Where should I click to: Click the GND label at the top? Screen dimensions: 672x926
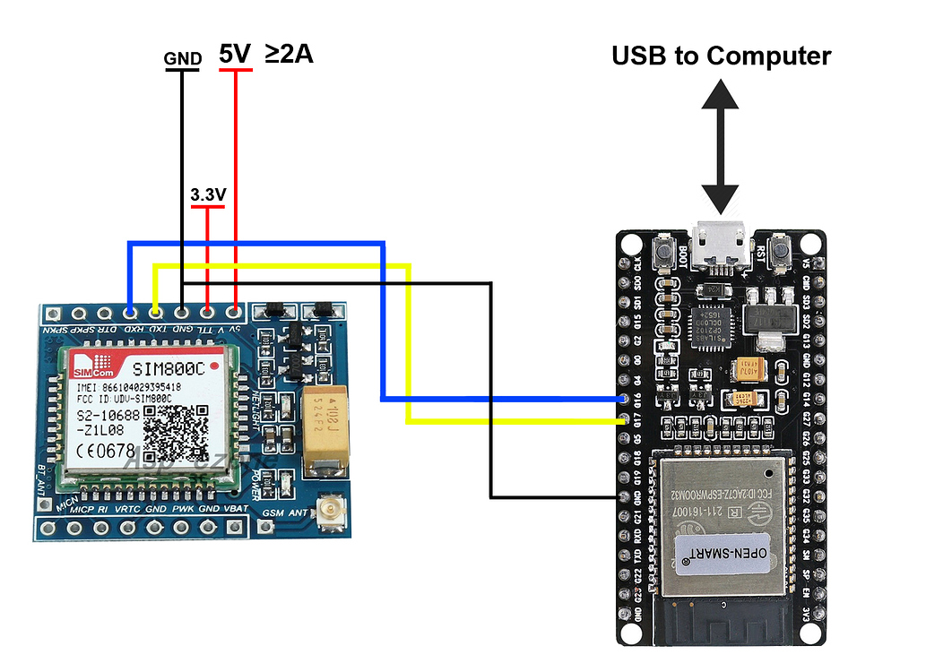(x=182, y=60)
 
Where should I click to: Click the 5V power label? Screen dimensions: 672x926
(x=235, y=55)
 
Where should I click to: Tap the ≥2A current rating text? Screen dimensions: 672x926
(x=289, y=55)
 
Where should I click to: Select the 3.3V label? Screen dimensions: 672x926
(x=207, y=194)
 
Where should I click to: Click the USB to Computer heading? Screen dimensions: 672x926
(x=721, y=56)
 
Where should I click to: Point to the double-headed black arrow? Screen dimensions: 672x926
(x=720, y=144)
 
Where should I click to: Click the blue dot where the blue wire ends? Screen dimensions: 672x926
(x=624, y=398)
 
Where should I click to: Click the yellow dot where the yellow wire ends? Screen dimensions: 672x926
(x=624, y=419)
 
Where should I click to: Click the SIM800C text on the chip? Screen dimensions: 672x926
(x=169, y=369)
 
